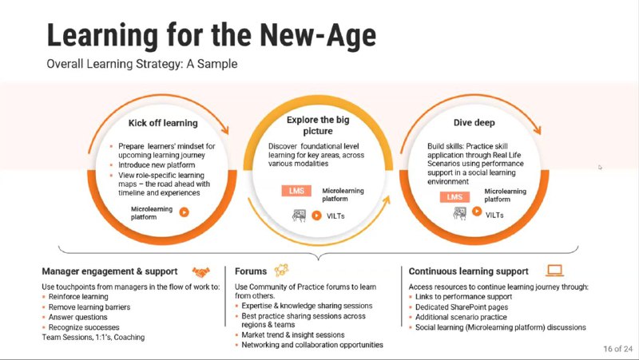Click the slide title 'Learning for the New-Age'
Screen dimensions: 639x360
[212, 36]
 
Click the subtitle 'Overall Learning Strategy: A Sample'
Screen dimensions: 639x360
[142, 64]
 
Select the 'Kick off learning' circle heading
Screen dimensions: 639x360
[163, 123]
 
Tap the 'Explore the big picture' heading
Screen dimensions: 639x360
[318, 125]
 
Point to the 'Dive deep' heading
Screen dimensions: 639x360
[474, 123]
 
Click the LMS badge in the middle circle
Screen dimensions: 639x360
[296, 191]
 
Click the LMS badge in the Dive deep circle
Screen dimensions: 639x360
[454, 197]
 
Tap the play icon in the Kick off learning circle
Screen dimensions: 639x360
[185, 212]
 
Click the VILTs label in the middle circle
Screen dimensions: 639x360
[335, 216]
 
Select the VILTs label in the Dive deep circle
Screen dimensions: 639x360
[494, 215]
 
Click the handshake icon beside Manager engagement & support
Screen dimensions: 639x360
[201, 271]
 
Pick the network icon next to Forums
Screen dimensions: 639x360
[282, 270]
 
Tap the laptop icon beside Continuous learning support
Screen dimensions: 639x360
[554, 271]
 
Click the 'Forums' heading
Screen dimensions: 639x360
[251, 271]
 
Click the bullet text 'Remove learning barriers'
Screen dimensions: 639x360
[89, 307]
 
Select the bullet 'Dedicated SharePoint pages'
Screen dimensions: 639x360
[462, 307]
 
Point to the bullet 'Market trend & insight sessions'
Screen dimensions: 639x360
[293, 334]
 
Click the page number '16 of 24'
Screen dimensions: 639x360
[617, 349]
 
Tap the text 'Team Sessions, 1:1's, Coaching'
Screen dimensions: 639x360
[93, 337]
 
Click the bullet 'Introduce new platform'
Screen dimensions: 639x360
[157, 165]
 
